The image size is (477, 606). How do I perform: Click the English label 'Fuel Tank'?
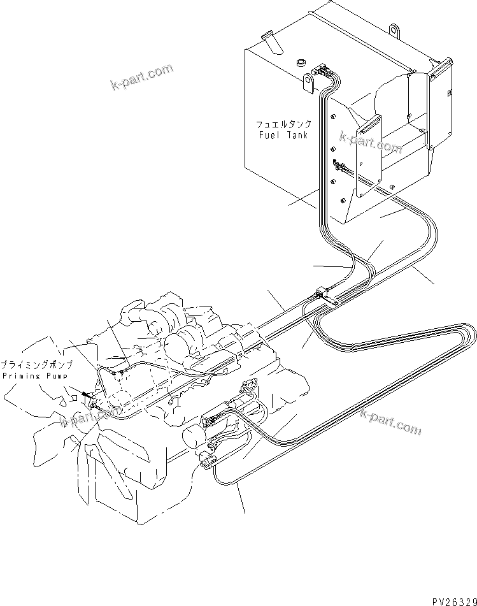click(284, 135)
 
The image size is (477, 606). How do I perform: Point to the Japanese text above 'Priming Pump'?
click(36, 365)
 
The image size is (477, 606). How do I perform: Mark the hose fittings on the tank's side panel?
click(341, 168)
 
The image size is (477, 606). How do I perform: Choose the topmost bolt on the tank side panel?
click(334, 116)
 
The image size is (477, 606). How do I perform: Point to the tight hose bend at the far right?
click(470, 334)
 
